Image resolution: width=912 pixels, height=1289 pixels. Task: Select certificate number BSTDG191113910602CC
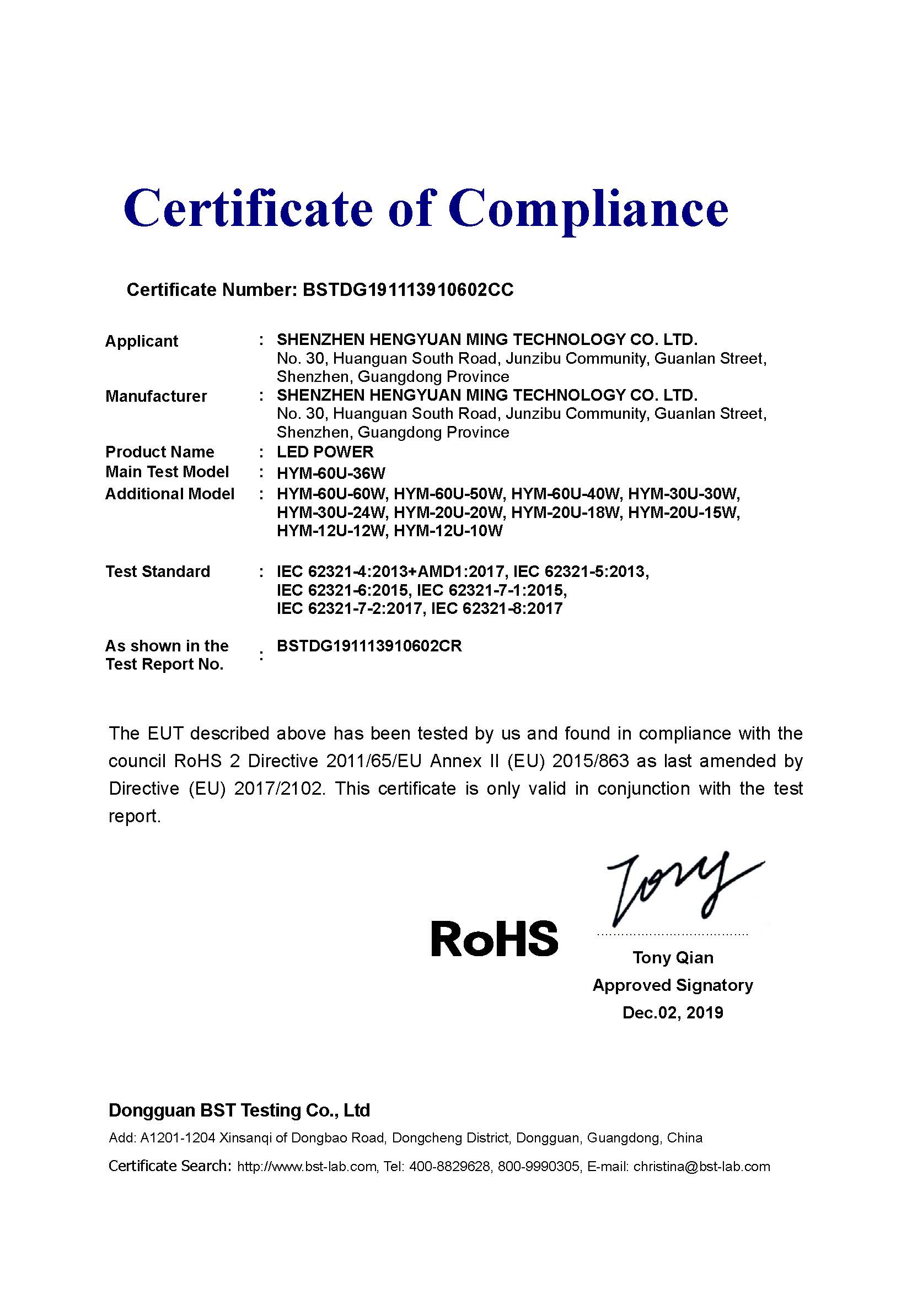[407, 290]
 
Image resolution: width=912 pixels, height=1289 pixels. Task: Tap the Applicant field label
[141, 341]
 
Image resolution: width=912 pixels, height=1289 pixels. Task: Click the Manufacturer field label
[155, 396]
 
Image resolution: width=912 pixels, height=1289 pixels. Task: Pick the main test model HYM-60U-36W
[331, 473]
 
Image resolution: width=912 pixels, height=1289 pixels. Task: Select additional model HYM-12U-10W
[448, 531]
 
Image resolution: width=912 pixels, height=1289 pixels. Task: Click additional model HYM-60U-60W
[331, 494]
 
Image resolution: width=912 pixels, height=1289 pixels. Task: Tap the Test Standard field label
[157, 571]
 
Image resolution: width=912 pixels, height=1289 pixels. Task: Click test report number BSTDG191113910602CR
[369, 646]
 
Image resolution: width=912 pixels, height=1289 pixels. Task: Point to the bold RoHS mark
[494, 939]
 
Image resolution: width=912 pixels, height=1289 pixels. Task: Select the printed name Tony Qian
[673, 957]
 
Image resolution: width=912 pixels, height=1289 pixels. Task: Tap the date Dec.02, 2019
[673, 1012]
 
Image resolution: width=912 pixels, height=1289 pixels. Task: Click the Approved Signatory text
[673, 985]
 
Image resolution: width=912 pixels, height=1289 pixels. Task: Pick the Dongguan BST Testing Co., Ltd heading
[239, 1110]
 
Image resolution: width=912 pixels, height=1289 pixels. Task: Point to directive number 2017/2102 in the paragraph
[279, 788]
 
